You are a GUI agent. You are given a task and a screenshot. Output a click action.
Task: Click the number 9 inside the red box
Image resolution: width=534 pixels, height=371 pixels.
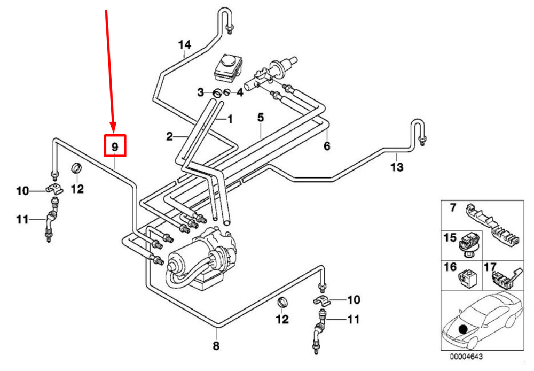114,146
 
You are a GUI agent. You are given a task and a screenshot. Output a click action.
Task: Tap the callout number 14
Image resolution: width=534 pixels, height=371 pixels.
184,45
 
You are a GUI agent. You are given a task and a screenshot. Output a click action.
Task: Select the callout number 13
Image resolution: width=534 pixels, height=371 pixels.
396,167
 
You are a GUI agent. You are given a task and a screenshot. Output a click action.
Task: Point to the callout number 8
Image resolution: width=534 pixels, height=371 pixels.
216,346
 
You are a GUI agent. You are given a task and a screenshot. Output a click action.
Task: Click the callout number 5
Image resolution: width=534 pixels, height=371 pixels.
261,117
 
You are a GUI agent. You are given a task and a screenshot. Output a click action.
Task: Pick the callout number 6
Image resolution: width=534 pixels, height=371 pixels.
327,145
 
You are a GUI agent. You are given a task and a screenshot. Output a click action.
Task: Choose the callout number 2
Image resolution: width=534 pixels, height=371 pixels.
169,137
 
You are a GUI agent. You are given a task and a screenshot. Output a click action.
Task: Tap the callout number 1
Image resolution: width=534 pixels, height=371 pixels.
230,119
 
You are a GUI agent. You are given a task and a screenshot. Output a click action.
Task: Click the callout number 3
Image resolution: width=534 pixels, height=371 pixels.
200,93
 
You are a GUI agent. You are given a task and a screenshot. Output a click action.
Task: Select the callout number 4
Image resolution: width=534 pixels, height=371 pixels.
240,93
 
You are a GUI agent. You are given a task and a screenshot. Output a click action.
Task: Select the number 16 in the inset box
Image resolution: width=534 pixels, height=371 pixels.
451,267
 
